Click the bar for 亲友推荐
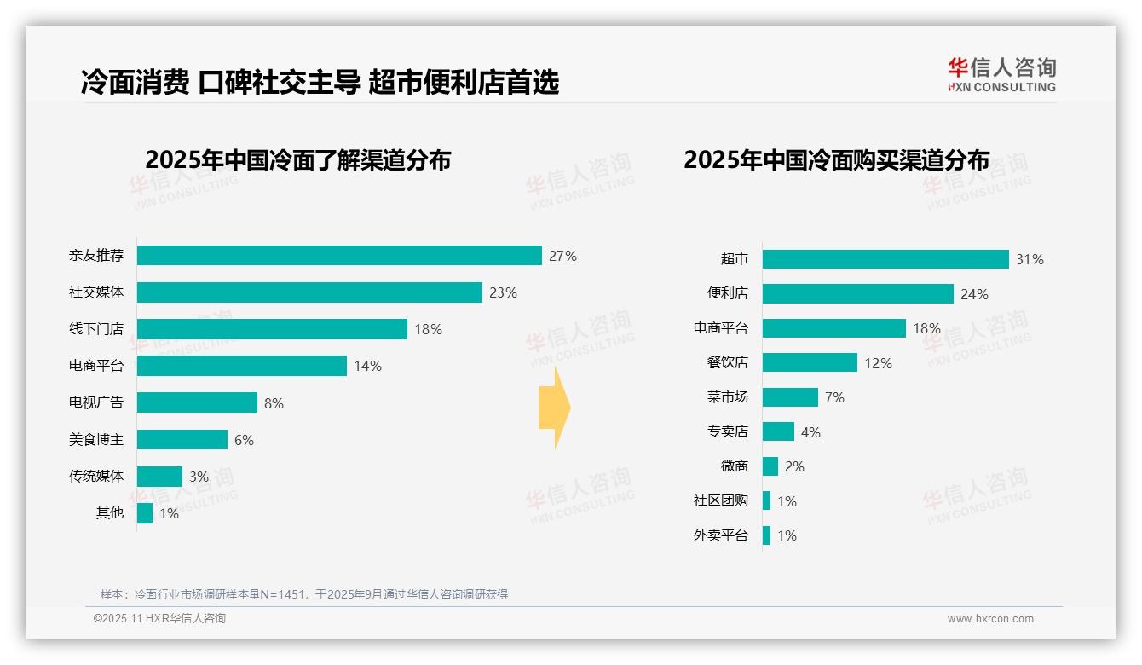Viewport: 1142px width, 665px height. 339,256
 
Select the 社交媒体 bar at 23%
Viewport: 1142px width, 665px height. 309,292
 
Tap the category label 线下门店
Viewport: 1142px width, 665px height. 96,329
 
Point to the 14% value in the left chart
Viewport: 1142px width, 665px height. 367,366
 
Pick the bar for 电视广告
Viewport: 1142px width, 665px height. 197,402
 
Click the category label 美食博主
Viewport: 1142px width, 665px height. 96,440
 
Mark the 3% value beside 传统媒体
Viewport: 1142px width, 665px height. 199,477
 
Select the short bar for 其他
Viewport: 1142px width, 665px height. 145,513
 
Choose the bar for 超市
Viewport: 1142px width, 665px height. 885,259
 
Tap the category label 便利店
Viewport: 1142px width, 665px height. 727,293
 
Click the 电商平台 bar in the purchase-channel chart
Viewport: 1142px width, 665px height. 833,328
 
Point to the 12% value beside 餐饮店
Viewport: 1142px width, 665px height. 878,363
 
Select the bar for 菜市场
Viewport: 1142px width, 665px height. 790,397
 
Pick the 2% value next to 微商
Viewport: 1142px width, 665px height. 794,466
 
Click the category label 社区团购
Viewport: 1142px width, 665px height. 720,501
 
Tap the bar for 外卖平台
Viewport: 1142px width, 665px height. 766,535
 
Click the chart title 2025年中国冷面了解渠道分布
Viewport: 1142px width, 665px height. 297,160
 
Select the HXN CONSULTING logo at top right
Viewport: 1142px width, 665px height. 1001,75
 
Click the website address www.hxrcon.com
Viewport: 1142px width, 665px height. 989,619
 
